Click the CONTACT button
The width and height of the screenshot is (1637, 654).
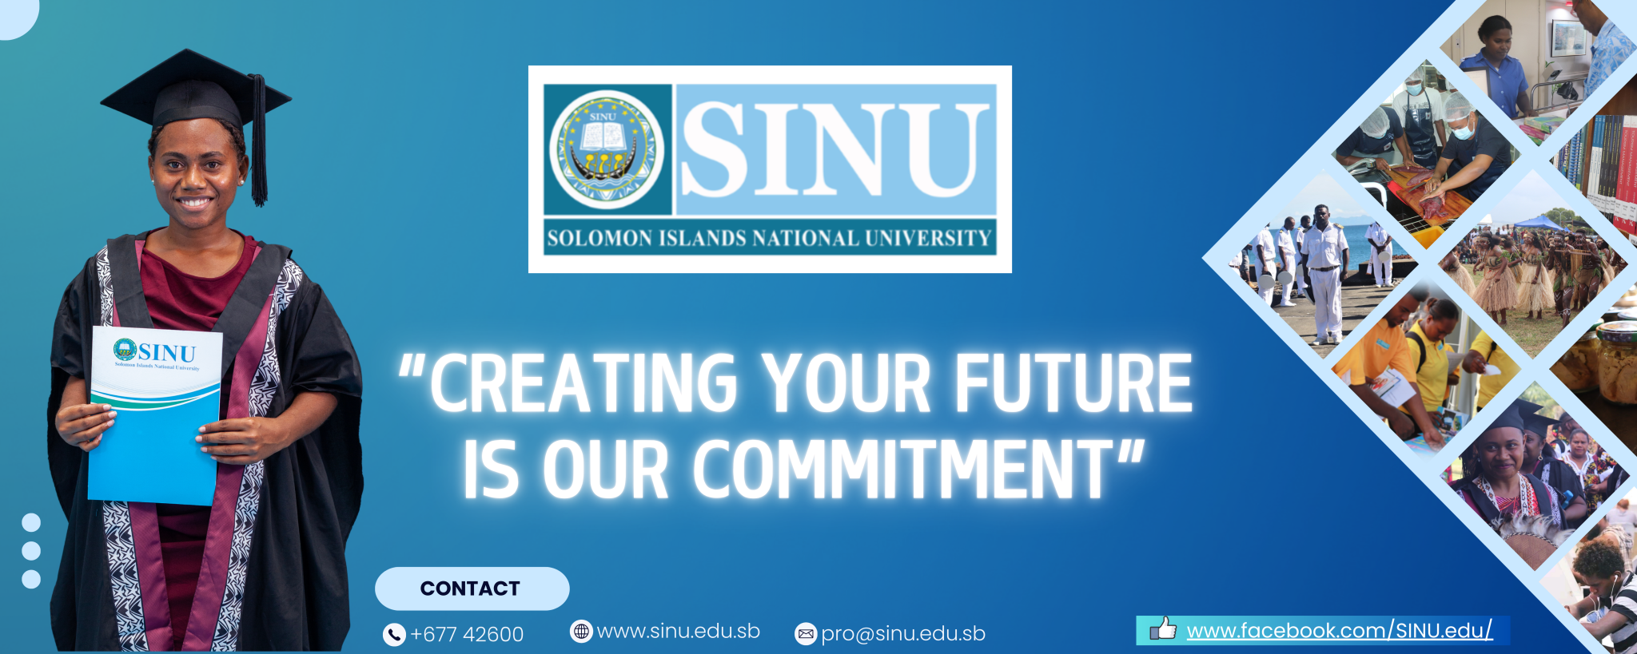point(472,589)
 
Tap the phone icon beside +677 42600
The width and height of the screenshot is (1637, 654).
point(394,635)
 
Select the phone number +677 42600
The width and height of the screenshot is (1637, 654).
point(467,635)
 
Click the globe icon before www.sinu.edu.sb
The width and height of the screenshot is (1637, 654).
point(581,632)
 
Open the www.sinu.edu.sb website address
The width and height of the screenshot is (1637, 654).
point(678,632)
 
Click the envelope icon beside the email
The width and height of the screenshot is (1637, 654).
point(806,634)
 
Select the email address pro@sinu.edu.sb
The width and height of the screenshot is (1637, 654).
point(903,634)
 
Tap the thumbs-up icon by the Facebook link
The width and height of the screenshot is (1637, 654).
point(1163,630)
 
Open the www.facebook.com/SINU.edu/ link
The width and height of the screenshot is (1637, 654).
point(1339,631)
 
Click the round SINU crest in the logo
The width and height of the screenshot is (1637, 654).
point(607,149)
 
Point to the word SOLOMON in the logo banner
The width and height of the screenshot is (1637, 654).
point(599,238)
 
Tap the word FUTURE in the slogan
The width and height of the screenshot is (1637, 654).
point(1073,384)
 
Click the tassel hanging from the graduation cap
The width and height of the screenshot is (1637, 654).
point(258,144)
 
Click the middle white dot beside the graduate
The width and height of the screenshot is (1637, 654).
point(31,551)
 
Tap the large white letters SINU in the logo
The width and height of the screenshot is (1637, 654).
point(831,150)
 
